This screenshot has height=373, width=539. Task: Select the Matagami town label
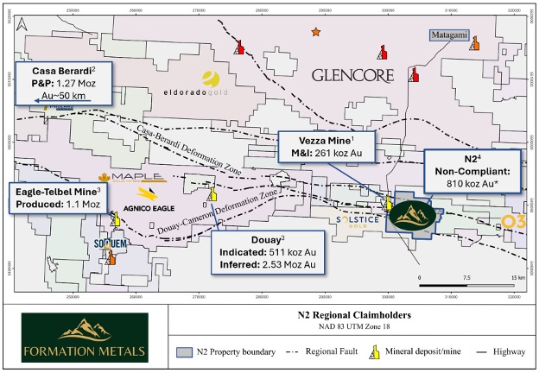click(x=450, y=35)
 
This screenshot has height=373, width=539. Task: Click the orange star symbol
click(x=316, y=32)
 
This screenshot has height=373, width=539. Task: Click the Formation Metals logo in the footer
click(x=85, y=337)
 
